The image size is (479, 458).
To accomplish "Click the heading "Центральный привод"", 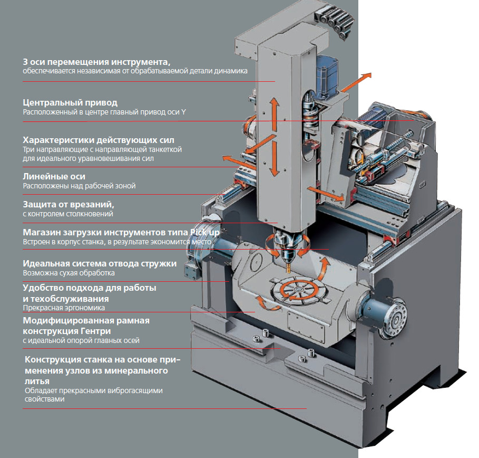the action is [70, 102].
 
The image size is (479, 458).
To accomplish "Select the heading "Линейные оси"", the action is [54, 177].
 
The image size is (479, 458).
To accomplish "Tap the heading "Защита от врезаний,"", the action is [69, 204].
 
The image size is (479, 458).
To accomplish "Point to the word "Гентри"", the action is [95, 331].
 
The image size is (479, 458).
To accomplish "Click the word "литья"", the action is [37, 381].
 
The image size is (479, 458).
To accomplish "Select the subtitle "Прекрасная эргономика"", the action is [64, 308].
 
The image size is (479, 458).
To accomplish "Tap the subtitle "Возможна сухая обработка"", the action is [69, 273].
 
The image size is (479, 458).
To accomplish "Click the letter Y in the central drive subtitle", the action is [183, 112].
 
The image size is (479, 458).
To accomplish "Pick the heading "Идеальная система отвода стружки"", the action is [100, 263].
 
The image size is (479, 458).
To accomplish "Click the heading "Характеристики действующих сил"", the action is [99, 140].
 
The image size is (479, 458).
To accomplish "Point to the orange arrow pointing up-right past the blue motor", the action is [355, 83].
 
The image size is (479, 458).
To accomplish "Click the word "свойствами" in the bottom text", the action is [45, 399].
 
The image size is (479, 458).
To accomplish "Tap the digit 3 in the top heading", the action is [25, 62].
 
